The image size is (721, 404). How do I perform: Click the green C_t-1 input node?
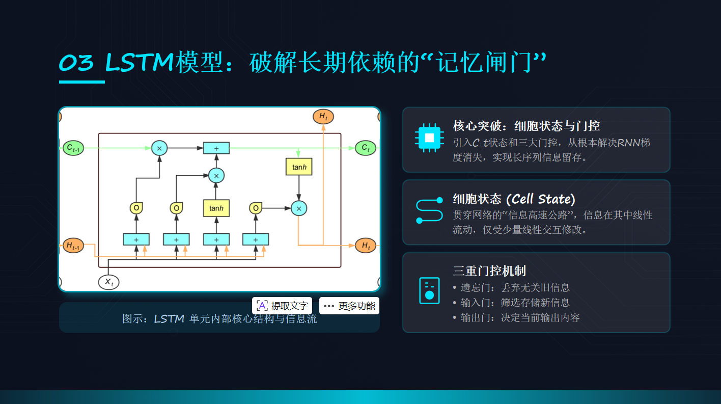73,148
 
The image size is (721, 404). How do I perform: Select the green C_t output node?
365,148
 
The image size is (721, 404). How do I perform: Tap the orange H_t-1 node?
73,246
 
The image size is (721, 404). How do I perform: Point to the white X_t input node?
108,282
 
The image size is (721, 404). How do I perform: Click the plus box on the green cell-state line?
216,148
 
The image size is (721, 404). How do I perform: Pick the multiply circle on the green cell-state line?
159,148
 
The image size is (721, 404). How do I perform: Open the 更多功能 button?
349,306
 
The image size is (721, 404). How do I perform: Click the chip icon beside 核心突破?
429,138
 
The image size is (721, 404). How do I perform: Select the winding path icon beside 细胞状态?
429,210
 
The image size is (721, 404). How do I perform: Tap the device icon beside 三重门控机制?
429,291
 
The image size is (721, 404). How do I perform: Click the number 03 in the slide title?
77,63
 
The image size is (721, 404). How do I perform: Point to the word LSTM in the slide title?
140,63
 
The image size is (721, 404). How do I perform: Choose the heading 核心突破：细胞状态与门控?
526,125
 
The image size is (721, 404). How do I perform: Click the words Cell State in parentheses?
541,198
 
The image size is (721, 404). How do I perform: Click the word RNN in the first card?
629,143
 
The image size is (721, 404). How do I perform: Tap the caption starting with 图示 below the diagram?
219,319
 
